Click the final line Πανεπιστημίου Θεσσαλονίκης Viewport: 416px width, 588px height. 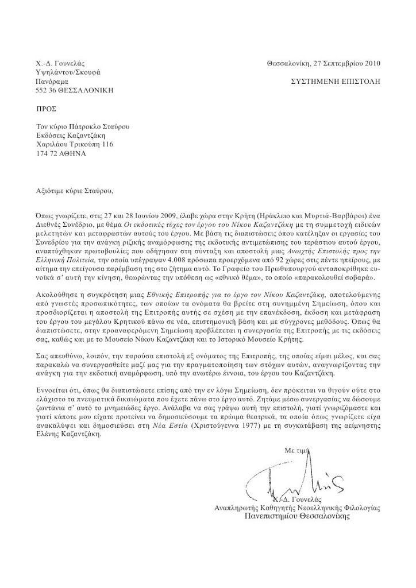(x=296, y=516)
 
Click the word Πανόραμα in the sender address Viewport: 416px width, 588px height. (x=53, y=82)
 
